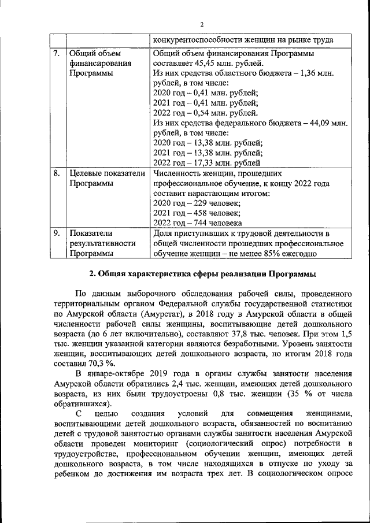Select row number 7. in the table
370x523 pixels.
[56, 54]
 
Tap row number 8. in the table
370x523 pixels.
[56, 173]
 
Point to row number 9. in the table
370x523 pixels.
[56, 233]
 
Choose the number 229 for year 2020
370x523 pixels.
[197, 203]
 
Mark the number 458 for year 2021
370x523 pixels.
[197, 213]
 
